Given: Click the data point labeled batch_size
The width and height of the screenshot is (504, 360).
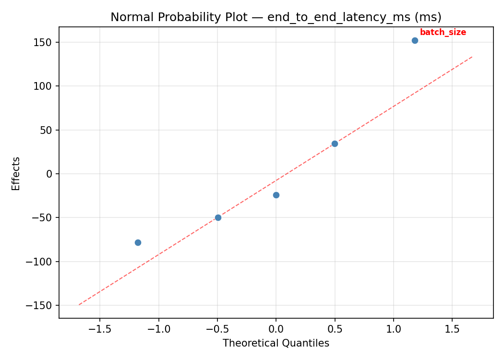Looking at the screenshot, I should [415, 40].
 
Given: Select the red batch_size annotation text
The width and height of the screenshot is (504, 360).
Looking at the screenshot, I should [443, 33].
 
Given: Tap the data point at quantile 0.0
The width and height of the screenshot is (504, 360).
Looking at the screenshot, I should [276, 195].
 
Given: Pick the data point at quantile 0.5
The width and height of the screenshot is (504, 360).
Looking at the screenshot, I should [335, 144].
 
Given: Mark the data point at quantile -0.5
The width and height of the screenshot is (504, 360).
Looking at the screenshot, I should [218, 217].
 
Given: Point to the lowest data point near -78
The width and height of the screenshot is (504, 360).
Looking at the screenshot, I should [138, 242].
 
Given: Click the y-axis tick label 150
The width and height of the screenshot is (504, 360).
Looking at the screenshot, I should [42, 42].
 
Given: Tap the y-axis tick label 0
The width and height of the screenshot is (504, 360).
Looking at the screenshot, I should [49, 174].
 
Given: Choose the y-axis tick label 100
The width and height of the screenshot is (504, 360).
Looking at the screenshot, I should [42, 86].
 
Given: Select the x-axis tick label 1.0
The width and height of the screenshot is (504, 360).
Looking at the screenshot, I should [394, 330].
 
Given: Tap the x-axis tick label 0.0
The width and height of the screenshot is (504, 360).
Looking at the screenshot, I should [276, 330].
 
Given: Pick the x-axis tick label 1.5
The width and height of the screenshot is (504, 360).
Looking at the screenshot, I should [452, 330].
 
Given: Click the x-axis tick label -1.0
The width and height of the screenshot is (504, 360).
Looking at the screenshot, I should [158, 330].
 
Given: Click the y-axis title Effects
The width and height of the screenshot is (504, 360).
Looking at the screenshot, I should [16, 173].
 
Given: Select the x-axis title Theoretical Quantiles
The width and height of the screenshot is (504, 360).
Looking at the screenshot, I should [276, 343].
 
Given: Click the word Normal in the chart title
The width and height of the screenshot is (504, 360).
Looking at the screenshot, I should [128, 17].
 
